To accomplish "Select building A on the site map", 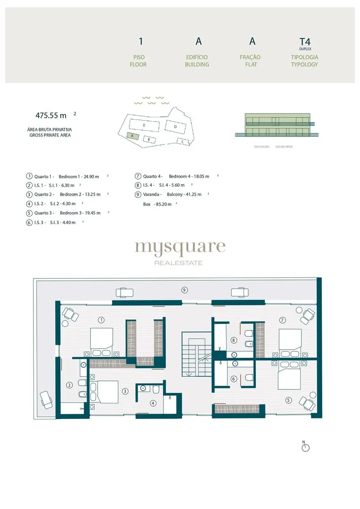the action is pos(132,136).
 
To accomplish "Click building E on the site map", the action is pos(144,125).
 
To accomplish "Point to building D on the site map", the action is pos(175,127).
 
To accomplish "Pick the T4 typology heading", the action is pos(305,41).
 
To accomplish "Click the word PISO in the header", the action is pos(139,57).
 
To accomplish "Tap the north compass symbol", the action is pos(305,447).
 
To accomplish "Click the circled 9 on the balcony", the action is pos(184,290).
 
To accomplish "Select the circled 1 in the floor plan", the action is pos(101,320).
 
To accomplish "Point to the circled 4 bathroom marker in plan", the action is pos(153,403).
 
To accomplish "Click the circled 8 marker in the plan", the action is pos(234,340).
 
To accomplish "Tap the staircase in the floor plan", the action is pos(196,354).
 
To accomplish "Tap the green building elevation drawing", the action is pos(277,124).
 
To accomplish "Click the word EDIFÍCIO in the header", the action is pos(196,57).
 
